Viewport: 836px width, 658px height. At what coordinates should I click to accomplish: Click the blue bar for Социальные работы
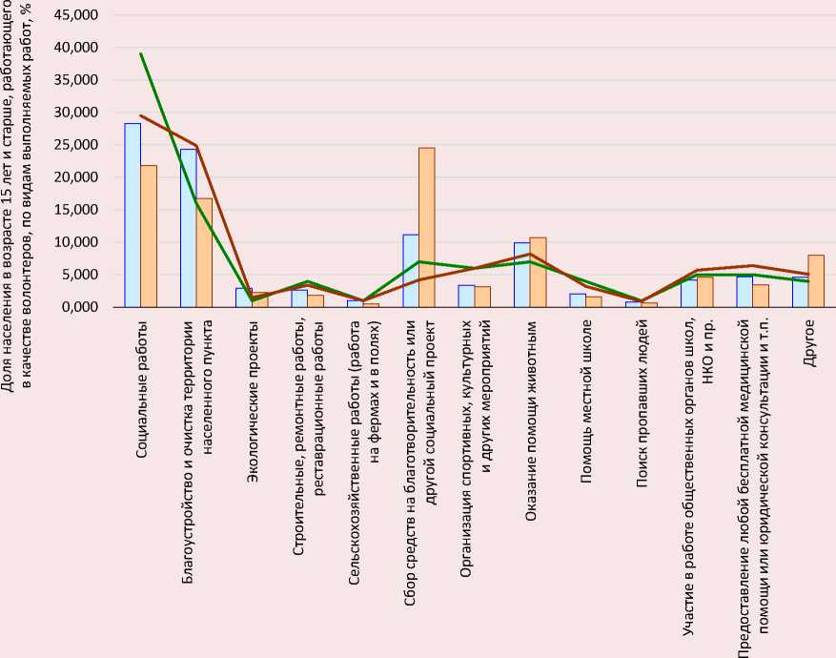click(133, 216)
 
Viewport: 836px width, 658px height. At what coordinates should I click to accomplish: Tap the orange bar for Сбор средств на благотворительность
click(426, 228)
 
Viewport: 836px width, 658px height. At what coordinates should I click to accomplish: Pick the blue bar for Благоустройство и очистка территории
click(188, 228)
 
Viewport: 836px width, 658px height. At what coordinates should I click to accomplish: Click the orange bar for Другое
click(815, 281)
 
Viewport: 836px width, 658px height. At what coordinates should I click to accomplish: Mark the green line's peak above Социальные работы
click(141, 53)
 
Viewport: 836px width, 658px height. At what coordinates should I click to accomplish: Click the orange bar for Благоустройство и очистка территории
click(204, 253)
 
